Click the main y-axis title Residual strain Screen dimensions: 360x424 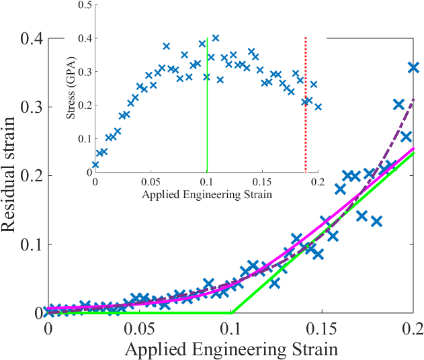click(x=11, y=177)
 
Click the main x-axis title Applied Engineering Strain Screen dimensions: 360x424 click(x=230, y=349)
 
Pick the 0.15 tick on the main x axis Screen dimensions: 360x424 click(x=323, y=313)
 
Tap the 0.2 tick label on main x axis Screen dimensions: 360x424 click(x=413, y=329)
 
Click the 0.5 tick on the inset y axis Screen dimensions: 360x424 click(x=95, y=5)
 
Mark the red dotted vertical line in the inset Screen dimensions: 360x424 click(x=306, y=101)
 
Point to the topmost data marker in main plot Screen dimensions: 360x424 click(x=414, y=67)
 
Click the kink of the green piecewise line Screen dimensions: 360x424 click(x=231, y=312)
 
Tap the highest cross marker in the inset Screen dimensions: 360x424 click(x=216, y=38)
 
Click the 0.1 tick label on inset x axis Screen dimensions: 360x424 click(x=206, y=181)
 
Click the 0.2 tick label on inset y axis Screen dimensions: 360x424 click(x=85, y=105)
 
